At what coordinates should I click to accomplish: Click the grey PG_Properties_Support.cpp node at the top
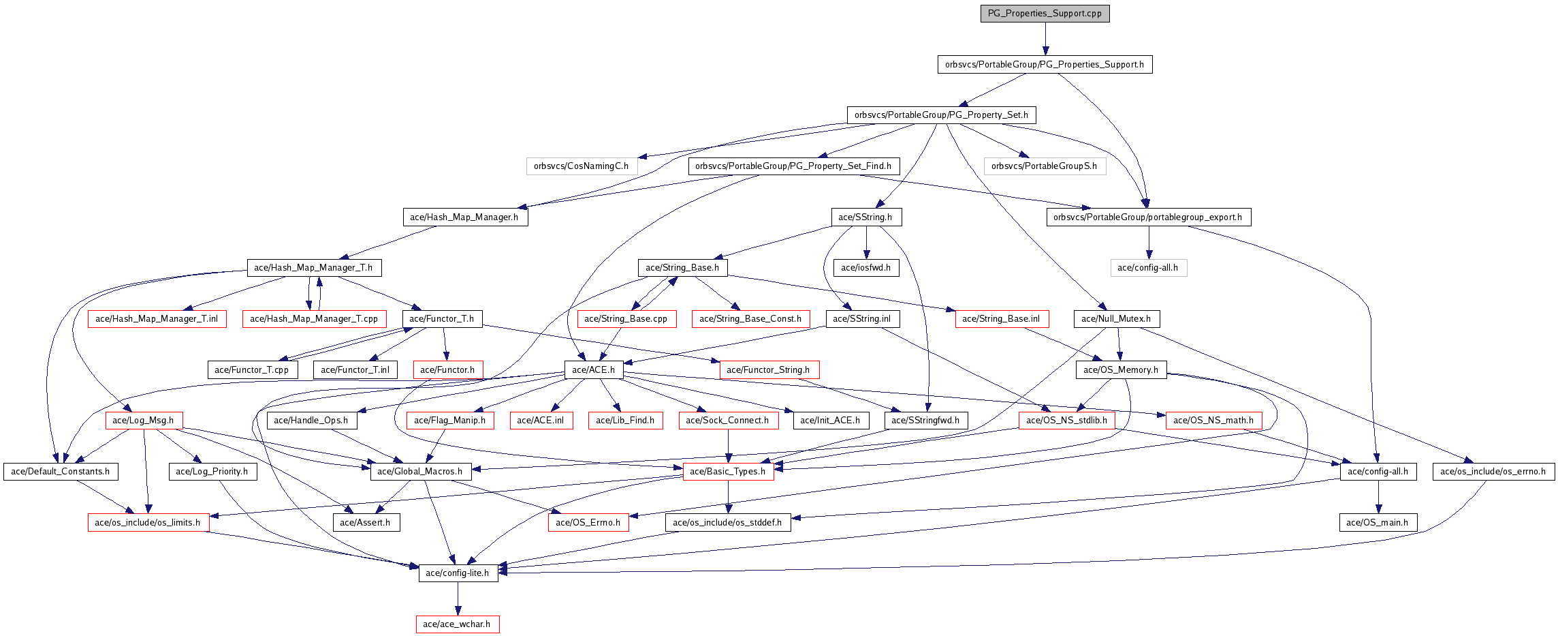coord(1045,13)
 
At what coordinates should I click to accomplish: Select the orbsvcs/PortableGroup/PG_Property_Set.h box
coord(941,115)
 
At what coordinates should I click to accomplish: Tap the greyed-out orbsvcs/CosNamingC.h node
coord(581,166)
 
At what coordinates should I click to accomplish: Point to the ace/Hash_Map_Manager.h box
coord(464,217)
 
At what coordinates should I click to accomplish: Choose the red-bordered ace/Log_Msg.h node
coord(143,420)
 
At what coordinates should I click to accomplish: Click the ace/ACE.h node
coord(593,369)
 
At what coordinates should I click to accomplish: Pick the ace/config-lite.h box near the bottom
coord(458,573)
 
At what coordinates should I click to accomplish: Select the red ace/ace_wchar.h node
coord(457,624)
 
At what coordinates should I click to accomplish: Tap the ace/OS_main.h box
coord(1378,522)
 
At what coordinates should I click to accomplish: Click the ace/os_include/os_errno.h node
coord(1493,471)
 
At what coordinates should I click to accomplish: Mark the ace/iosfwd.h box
coord(865,267)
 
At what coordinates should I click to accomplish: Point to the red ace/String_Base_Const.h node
coord(750,318)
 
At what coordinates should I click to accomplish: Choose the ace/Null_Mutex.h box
coord(1116,318)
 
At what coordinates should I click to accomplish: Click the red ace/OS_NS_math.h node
coord(1213,420)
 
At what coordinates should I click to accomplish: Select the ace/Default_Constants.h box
coord(61,471)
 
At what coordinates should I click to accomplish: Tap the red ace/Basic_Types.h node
coord(728,471)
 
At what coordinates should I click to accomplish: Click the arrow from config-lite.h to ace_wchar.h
coord(458,599)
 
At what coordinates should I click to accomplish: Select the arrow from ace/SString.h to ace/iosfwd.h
coord(866,243)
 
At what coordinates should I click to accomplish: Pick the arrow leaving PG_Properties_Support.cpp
coord(1045,38)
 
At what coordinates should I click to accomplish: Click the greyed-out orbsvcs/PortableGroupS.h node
coord(1044,166)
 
